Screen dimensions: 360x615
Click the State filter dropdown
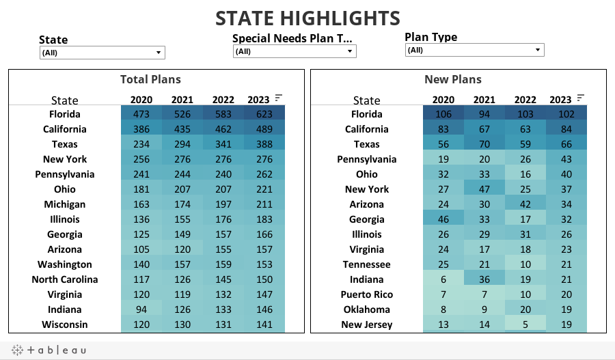pyautogui.click(x=102, y=53)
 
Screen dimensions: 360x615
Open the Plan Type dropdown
pyautogui.click(x=474, y=50)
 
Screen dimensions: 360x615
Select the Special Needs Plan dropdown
pyautogui.click(x=294, y=51)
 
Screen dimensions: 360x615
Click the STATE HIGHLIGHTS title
pyautogui.click(x=307, y=18)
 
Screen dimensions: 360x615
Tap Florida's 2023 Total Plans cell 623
pyautogui.click(x=264, y=114)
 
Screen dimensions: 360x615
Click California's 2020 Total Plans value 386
pyautogui.click(x=141, y=129)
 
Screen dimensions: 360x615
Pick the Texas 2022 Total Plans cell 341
pyautogui.click(x=223, y=144)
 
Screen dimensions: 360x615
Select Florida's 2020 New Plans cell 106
pyautogui.click(x=443, y=114)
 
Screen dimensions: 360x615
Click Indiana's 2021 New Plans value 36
pyautogui.click(x=484, y=279)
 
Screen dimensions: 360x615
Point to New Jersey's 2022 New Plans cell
pyautogui.click(x=525, y=324)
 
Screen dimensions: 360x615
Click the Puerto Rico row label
pyautogui.click(x=366, y=294)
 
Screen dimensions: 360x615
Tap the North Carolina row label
pyautogui.click(x=65, y=279)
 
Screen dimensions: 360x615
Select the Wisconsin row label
pyautogui.click(x=65, y=324)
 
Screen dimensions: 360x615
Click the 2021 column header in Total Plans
pyautogui.click(x=182, y=100)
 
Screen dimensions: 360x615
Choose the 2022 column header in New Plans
pyautogui.click(x=525, y=100)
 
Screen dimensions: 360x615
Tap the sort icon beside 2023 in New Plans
pyautogui.click(x=581, y=98)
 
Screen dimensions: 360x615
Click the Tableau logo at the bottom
pyautogui.click(x=49, y=350)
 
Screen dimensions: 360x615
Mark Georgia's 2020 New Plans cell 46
pyautogui.click(x=443, y=219)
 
